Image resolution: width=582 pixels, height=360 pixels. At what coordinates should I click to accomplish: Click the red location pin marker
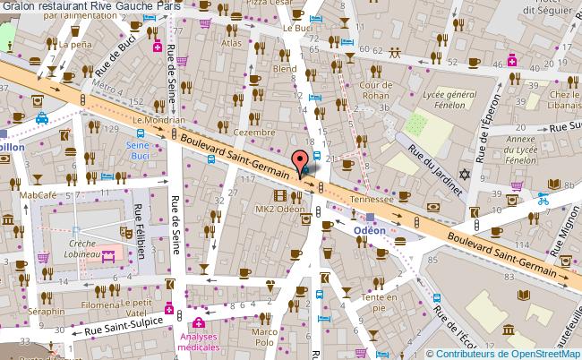(x=299, y=160)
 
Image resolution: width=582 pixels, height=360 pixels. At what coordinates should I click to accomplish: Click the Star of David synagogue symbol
(x=463, y=174)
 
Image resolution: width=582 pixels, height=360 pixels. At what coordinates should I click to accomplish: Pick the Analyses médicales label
(x=198, y=341)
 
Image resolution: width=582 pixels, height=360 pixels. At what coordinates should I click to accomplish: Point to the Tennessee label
(x=371, y=200)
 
